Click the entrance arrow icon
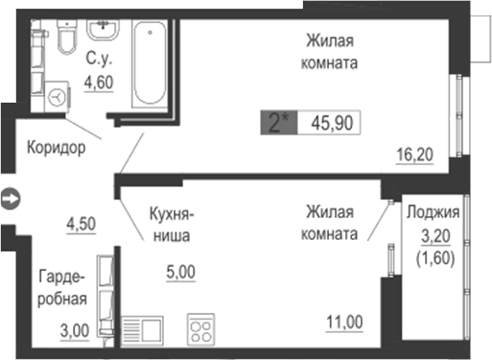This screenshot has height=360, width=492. pyautogui.click(x=10, y=199)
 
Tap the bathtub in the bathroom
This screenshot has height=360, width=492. pyautogui.click(x=149, y=65)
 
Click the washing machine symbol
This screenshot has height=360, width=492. pyautogui.click(x=59, y=98)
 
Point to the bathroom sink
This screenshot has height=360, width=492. pyautogui.click(x=101, y=32)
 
